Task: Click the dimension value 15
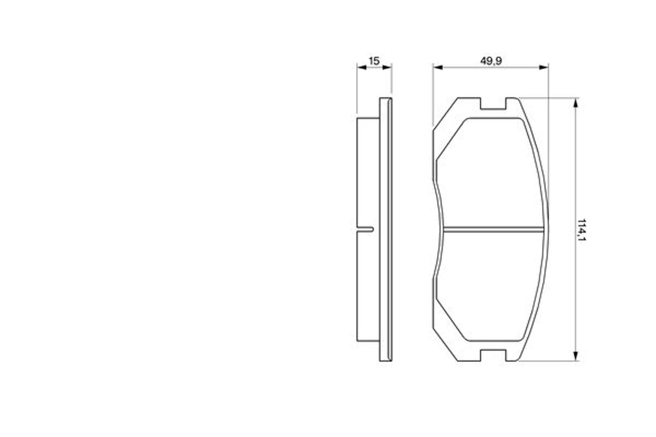pyautogui.click(x=374, y=61)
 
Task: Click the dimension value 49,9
pyautogui.click(x=491, y=61)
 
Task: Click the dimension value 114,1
pyautogui.click(x=581, y=230)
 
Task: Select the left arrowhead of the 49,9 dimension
pyautogui.click(x=438, y=67)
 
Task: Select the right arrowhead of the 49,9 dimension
pyautogui.click(x=543, y=67)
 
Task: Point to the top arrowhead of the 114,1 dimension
pyautogui.click(x=575, y=103)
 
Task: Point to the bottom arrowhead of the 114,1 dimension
pyautogui.click(x=575, y=356)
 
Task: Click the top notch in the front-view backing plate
pyautogui.click(x=493, y=104)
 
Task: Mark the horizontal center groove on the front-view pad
pyautogui.click(x=493, y=230)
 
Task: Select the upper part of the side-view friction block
pyautogui.click(x=368, y=167)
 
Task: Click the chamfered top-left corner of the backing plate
pyautogui.click(x=445, y=114)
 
